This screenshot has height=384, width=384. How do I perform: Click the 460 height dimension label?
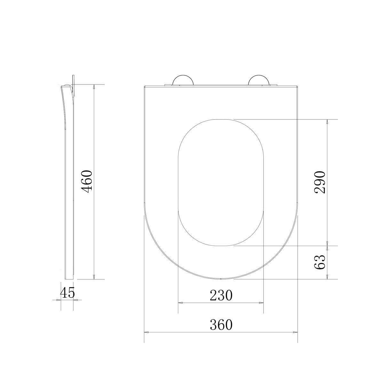(x=87, y=182)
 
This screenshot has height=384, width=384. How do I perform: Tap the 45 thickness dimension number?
(x=67, y=293)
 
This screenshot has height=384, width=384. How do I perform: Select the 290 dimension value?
(x=320, y=182)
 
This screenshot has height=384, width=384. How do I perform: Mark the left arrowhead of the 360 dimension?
(x=146, y=332)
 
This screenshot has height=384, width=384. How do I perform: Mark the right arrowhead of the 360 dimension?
(x=295, y=332)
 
